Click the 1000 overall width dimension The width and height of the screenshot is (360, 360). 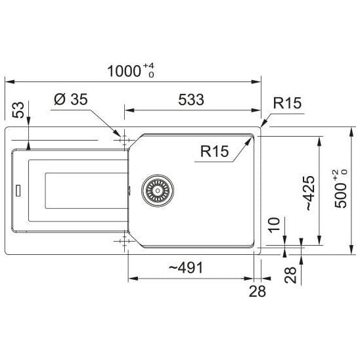click(x=124, y=71)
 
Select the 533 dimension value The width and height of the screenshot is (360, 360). click(x=191, y=100)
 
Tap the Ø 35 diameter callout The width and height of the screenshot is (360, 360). click(x=71, y=99)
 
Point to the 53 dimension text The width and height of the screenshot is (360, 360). click(x=18, y=110)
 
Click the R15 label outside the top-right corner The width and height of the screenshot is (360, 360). click(x=287, y=103)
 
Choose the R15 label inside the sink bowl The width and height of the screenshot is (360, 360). click(x=215, y=151)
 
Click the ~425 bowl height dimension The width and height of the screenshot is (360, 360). click(x=310, y=193)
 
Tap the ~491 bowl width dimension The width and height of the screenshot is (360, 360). click(x=186, y=268)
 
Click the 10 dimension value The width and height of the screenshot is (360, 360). click(x=275, y=225)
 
